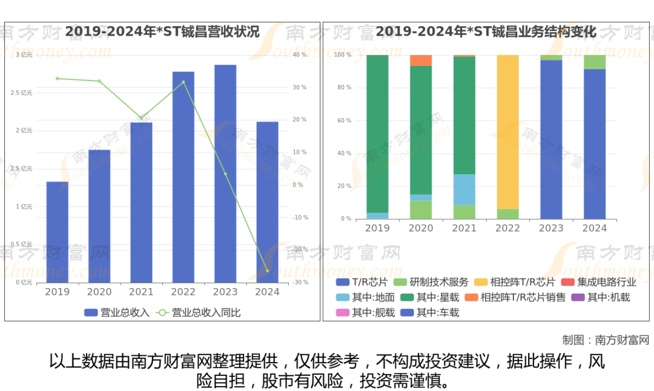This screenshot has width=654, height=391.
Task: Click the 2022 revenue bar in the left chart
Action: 183,177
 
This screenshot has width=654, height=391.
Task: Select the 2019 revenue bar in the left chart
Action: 58,232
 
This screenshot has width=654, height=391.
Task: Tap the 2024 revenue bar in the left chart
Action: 267,202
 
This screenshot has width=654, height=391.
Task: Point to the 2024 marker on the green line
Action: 267,271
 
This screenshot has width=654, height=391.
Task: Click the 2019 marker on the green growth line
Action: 58,79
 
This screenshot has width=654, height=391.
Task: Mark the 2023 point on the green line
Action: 225,174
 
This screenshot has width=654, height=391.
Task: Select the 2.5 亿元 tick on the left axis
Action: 24,93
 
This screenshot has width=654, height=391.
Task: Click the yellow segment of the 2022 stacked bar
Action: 507,132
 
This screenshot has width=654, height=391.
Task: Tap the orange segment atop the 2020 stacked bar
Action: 421,60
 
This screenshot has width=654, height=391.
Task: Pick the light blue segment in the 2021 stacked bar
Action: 464,189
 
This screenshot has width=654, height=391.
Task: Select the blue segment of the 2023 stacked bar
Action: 551,139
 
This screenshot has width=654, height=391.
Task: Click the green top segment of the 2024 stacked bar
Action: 595,62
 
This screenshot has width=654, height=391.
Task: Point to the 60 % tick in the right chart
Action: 343,121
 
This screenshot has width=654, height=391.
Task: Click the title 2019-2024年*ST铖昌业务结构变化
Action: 486,32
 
